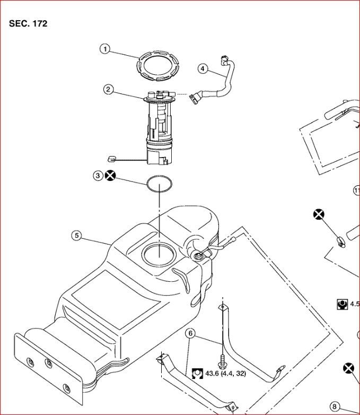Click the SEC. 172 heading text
[28, 24]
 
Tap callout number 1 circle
[105, 49]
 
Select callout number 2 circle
[109, 89]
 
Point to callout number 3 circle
[98, 176]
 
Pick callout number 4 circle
[203, 68]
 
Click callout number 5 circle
[77, 235]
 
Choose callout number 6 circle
[191, 334]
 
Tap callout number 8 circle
[335, 407]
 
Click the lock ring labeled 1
[157, 67]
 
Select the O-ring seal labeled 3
[159, 183]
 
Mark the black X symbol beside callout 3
[110, 176]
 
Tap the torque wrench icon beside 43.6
[197, 373]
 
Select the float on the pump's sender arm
[111, 158]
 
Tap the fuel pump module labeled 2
[159, 127]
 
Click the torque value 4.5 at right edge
[355, 304]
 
